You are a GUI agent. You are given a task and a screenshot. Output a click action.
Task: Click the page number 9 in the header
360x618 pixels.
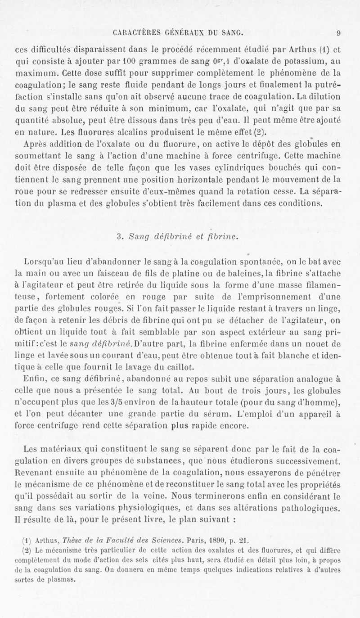pyautogui.click(x=343, y=32)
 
